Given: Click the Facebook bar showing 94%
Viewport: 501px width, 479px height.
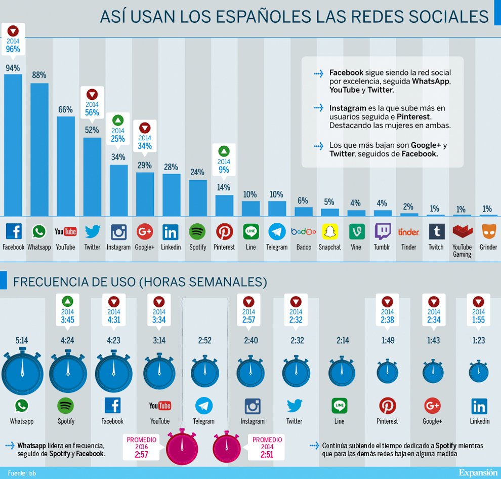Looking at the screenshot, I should [x=13, y=144].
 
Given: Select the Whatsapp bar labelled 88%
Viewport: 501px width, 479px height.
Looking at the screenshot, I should [x=39, y=149].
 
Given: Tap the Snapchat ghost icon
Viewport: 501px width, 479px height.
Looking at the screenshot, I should [x=330, y=232].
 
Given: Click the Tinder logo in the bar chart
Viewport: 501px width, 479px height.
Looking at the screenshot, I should [x=408, y=232].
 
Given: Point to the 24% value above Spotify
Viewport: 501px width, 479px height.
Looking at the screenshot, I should [x=197, y=172].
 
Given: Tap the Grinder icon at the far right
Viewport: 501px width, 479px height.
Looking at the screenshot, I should [x=489, y=232].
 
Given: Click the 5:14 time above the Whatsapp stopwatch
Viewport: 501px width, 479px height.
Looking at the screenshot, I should [x=22, y=341].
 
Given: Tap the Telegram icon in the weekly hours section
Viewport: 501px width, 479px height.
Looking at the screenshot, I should [x=204, y=406].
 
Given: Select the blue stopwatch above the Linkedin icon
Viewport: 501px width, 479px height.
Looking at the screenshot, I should [x=479, y=373].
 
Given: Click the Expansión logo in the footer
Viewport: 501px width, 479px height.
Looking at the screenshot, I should [x=478, y=472].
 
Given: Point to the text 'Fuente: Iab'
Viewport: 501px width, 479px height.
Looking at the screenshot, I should [x=22, y=473].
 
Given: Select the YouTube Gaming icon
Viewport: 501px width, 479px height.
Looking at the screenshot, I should [x=462, y=232].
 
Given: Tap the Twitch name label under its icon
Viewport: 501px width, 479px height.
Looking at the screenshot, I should [x=436, y=247].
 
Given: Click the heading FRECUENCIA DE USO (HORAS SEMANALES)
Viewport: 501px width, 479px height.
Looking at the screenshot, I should [x=140, y=282].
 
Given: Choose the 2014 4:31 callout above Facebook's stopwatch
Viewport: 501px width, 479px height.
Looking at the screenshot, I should [x=114, y=311].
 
